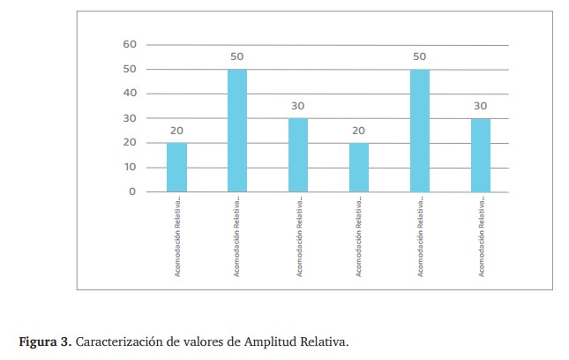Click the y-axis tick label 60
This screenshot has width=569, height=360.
[x=130, y=44]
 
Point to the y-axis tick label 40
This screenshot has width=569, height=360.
[x=130, y=94]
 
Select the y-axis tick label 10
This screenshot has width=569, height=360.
[x=130, y=167]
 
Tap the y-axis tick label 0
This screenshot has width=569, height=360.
[x=132, y=191]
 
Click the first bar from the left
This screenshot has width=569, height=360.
[x=176, y=167]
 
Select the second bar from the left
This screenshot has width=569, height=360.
[x=237, y=131]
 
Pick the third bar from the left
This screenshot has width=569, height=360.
[x=298, y=154]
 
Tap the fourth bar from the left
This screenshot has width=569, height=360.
[x=359, y=167]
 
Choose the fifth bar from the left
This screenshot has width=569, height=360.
[x=420, y=131]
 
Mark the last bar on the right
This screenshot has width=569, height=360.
[x=481, y=154]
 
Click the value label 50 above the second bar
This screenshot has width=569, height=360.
[x=237, y=57]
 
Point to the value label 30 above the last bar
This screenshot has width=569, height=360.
[x=481, y=106]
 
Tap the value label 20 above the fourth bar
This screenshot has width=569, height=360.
[x=359, y=131]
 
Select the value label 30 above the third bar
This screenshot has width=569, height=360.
[x=298, y=106]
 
